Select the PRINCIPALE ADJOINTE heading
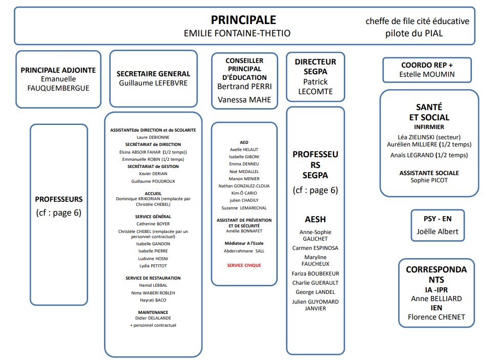click(58, 71)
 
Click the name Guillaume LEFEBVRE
click(153, 83)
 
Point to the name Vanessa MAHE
click(244, 100)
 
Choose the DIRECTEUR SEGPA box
click(315, 76)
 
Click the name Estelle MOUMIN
click(427, 75)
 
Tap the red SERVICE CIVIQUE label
click(244, 265)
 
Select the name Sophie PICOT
click(429, 180)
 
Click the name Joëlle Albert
click(437, 231)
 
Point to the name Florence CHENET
click(436, 317)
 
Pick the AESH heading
click(315, 219)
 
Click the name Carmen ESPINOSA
click(315, 248)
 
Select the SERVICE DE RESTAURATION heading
click(153, 278)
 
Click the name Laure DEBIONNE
click(153, 137)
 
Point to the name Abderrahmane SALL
click(244, 251)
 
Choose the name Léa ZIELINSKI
click(429, 137)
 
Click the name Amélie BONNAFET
click(244, 231)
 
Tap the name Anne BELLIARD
click(436, 299)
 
